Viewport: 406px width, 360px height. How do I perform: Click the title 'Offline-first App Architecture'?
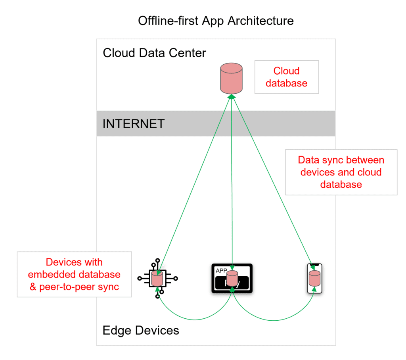216,21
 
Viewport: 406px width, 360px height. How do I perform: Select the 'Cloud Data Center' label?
154,53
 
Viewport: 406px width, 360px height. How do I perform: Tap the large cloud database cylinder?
231,78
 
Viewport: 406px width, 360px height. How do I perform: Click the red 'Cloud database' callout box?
286,77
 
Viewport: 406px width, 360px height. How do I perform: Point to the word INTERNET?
133,123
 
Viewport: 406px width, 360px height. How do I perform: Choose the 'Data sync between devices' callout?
341,172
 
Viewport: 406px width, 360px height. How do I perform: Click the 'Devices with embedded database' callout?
75,274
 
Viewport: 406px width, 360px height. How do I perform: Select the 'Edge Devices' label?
141,330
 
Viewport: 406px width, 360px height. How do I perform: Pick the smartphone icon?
315,279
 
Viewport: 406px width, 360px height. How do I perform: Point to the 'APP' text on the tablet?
221,271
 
